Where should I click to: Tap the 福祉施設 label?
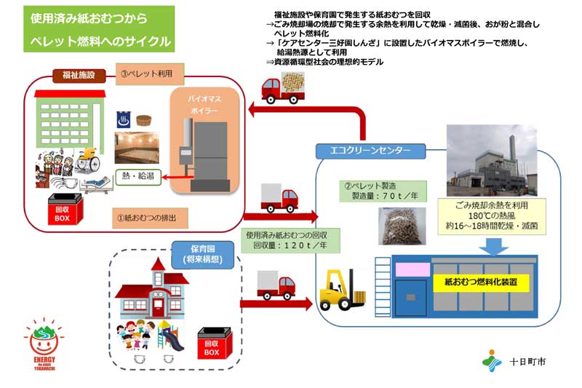point(79,76)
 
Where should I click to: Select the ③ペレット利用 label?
point(149,73)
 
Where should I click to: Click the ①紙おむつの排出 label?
point(152,216)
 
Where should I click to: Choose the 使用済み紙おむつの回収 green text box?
point(287,240)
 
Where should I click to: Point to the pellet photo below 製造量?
point(397,226)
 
